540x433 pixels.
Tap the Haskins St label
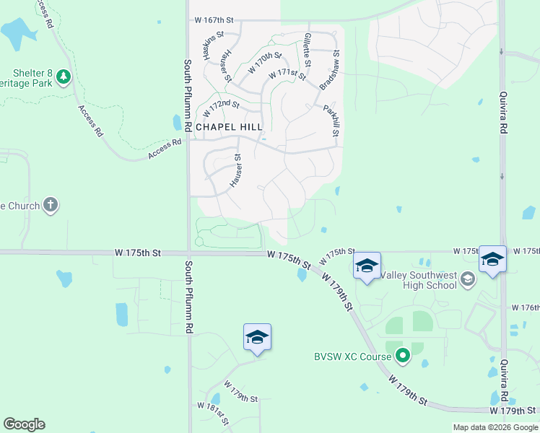point(214,45)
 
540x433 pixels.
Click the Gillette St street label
point(308,50)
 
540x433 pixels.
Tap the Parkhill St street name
point(331,121)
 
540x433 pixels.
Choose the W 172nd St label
point(221,110)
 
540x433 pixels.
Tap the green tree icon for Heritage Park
point(64,76)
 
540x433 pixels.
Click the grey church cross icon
point(51,206)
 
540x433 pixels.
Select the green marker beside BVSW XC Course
point(403,356)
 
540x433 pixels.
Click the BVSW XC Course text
point(352,356)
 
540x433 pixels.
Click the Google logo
point(24,424)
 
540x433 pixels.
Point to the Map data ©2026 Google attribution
point(496,427)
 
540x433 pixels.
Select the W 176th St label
point(525,307)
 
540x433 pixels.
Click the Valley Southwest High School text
point(416,279)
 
